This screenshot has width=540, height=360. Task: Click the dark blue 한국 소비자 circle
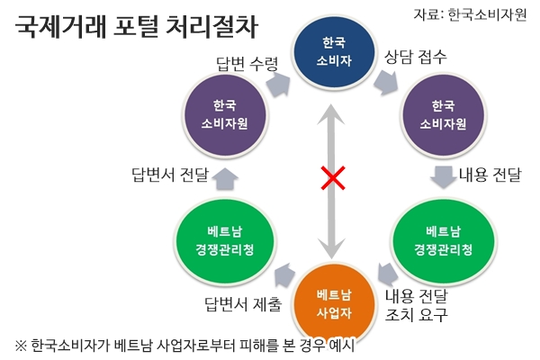click(x=333, y=51)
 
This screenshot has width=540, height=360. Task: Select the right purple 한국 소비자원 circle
click(x=443, y=115)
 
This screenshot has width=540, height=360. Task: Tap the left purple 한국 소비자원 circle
click(x=225, y=115)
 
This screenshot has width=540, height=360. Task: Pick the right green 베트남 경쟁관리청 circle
click(x=443, y=241)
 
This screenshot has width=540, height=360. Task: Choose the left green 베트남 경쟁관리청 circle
click(x=225, y=241)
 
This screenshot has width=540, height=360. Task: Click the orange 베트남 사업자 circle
click(x=334, y=303)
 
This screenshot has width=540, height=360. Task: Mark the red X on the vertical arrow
click(x=333, y=178)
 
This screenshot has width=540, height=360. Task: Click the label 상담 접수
click(x=415, y=57)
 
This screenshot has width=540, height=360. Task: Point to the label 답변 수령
click(x=247, y=64)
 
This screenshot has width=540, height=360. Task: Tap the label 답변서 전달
click(x=170, y=175)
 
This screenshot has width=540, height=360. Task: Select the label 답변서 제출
click(x=243, y=304)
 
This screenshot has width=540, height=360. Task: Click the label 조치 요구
click(x=416, y=314)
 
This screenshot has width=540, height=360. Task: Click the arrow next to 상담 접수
click(x=386, y=83)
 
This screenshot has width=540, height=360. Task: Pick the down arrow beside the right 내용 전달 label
click(x=444, y=177)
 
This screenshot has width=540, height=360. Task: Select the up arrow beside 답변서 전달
click(x=225, y=178)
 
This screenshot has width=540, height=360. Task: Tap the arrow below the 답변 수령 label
click(x=278, y=85)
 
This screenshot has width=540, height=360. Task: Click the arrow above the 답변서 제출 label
click(x=284, y=274)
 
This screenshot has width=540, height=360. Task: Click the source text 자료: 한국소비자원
click(x=470, y=14)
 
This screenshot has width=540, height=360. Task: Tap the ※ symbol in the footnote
click(x=21, y=346)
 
